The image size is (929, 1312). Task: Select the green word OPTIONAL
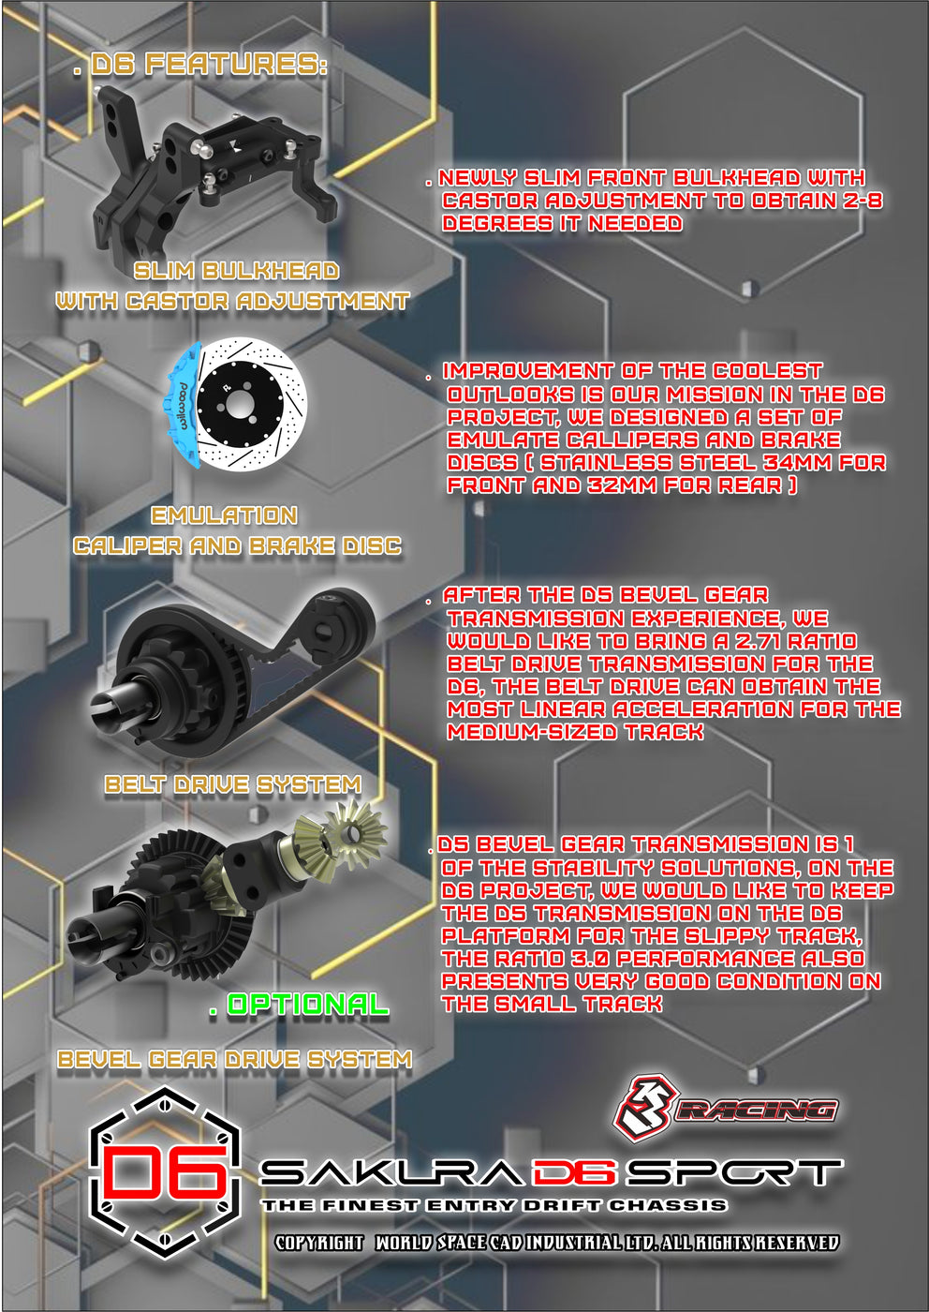307,1005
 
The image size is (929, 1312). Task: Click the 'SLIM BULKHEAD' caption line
236,271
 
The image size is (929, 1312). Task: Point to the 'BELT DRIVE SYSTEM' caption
232,784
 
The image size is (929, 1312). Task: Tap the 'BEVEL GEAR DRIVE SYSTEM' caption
234,1059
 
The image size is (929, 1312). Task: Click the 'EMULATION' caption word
224,515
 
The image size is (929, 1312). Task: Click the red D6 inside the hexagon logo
165,1171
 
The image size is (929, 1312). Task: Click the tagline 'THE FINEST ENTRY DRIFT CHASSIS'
494,1205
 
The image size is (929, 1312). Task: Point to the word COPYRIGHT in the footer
318,1243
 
